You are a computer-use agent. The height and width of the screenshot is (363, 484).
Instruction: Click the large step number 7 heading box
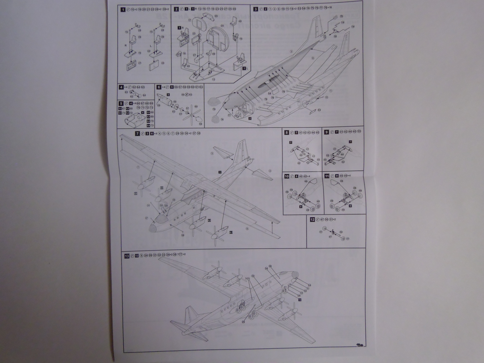pyautogui.click(x=138, y=133)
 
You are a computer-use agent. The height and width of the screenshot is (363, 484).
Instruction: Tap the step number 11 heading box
pyautogui.click(x=326, y=176)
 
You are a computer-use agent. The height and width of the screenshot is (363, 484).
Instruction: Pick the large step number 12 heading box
pyautogui.click(x=312, y=220)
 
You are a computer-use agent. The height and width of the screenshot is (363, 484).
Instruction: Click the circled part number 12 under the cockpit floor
pyautogui.click(x=214, y=79)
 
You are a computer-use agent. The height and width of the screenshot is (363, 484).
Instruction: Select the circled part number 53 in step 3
pyautogui.click(x=319, y=110)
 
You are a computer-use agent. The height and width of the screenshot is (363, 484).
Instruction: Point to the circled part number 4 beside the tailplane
pyautogui.click(x=270, y=171)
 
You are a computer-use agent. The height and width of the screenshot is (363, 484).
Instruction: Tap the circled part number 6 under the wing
pyautogui.click(x=247, y=229)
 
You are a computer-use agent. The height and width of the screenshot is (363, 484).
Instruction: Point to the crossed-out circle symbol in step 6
pyautogui.click(x=187, y=95)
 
